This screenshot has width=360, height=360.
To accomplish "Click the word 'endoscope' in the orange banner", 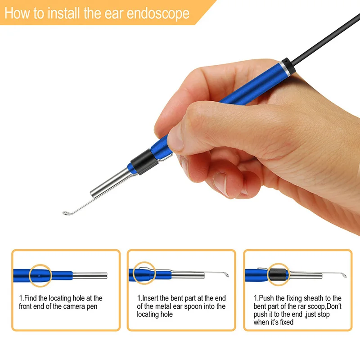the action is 158,14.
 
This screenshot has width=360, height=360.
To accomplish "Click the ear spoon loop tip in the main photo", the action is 66,213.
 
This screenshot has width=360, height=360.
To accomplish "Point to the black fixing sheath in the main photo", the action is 144,162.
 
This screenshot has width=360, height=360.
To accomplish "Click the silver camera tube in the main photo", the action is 111,183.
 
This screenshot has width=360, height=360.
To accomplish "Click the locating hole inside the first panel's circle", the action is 39,276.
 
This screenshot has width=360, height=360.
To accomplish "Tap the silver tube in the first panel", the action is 90,275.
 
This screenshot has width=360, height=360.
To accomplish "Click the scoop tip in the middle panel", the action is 227,274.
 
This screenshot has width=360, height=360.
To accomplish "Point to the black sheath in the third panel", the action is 277,274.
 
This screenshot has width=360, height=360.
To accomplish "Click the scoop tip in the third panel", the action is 344,275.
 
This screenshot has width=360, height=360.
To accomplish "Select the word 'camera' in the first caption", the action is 74,306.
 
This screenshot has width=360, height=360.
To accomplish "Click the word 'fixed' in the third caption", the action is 287,322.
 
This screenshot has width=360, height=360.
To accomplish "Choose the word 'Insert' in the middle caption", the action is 150,298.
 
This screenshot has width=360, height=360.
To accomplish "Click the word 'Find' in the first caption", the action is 31,298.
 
